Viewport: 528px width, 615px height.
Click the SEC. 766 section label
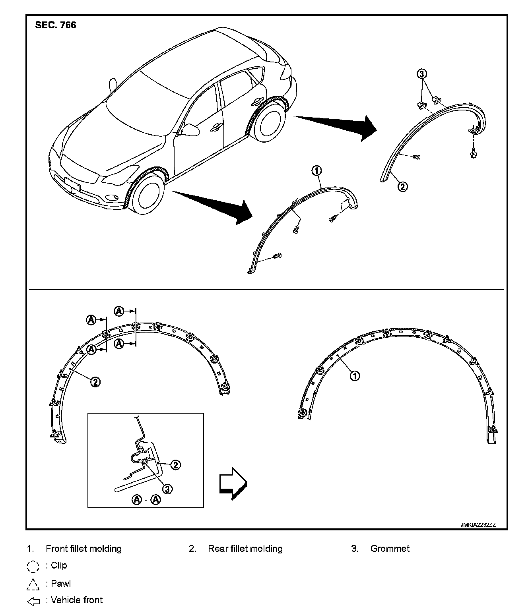click(x=56, y=25)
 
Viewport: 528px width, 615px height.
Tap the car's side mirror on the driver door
click(x=190, y=129)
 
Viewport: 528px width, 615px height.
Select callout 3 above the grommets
click(x=422, y=74)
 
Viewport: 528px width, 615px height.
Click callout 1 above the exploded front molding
click(x=316, y=171)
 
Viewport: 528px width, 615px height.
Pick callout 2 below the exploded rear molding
click(x=403, y=186)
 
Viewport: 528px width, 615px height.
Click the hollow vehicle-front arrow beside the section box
click(x=233, y=483)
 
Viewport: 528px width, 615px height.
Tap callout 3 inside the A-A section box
click(x=168, y=489)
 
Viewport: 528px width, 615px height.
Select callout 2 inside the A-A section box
click(x=175, y=465)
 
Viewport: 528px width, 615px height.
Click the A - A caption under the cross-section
click(x=146, y=499)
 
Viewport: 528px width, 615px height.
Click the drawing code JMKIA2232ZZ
click(x=478, y=524)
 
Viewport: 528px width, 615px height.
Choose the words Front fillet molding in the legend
click(x=83, y=549)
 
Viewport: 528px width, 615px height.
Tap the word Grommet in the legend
click(x=390, y=549)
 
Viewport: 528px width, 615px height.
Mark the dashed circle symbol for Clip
click(x=33, y=566)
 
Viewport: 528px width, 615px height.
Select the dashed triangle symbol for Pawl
click(x=33, y=584)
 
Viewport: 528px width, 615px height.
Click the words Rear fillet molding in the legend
click(x=245, y=549)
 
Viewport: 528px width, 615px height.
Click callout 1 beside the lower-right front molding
click(x=354, y=375)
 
